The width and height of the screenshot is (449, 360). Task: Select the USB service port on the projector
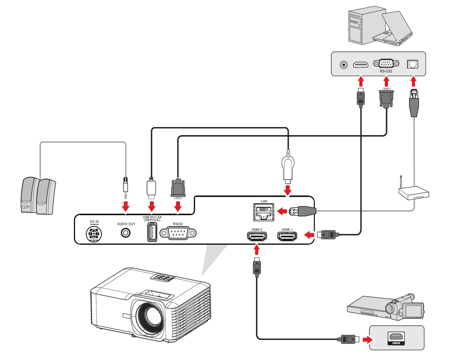[152, 233]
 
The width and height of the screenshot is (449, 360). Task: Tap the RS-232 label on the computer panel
[385, 71]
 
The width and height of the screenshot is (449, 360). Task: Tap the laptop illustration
[395, 29]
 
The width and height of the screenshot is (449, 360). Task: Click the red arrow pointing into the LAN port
[283, 211]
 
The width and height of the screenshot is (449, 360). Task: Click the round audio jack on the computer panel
[344, 64]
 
